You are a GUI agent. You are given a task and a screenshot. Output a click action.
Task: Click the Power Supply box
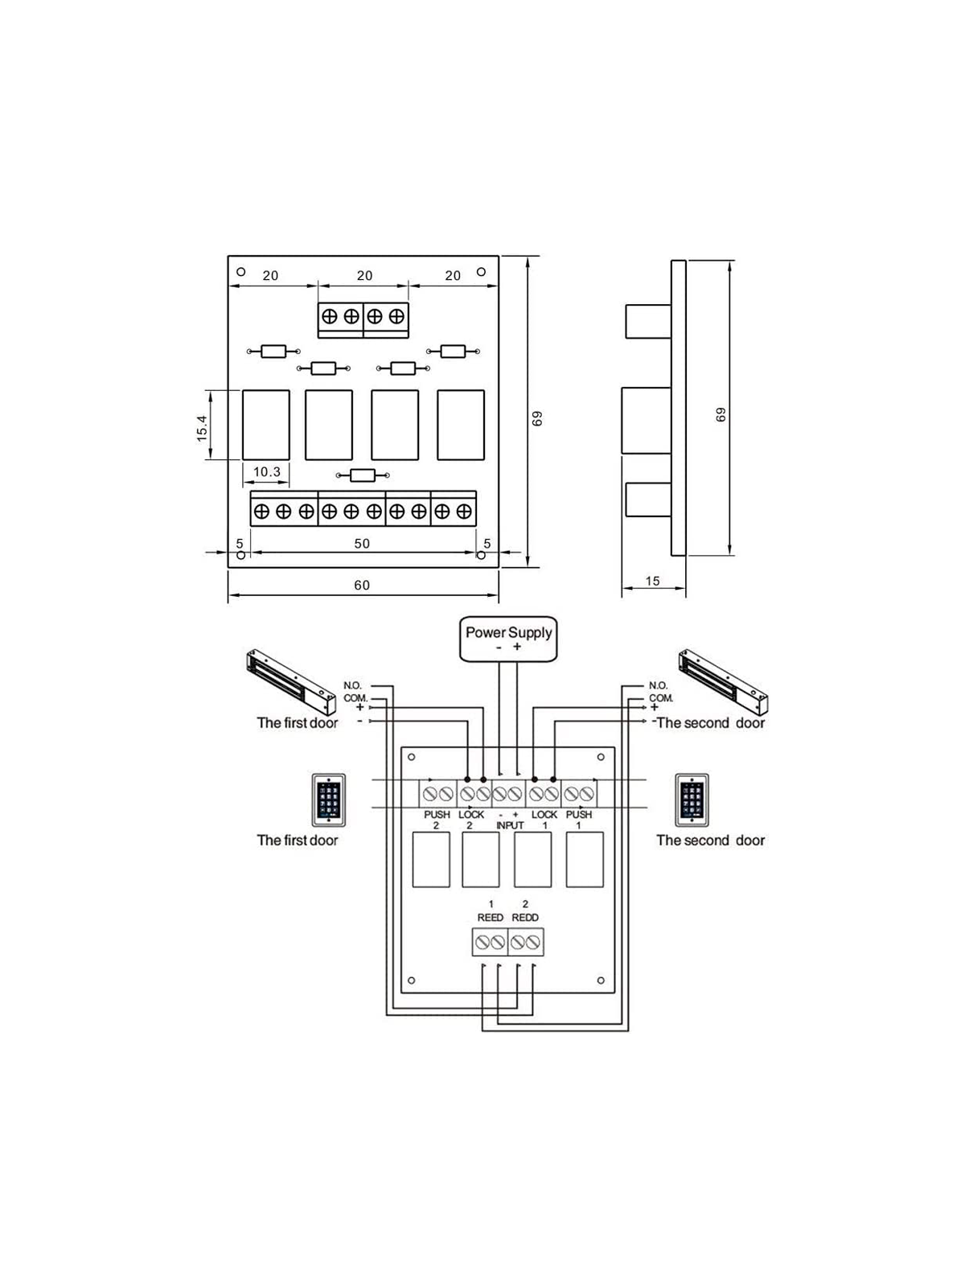coord(508,639)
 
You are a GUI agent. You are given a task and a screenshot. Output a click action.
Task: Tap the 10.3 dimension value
coord(266,471)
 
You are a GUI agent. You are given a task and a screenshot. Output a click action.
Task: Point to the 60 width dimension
coord(362,585)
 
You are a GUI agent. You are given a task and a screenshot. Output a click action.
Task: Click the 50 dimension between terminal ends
coord(362,544)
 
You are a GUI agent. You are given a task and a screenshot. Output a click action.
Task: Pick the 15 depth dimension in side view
coord(652,581)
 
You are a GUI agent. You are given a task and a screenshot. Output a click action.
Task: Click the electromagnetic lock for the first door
coord(290,681)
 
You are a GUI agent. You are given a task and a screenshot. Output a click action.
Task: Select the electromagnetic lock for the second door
coord(723,681)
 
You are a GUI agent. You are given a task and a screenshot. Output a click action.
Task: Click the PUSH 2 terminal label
coord(437,820)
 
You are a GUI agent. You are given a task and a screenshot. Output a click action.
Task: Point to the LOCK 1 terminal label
coord(544,820)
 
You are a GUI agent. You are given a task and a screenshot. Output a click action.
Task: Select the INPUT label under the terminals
coord(510,825)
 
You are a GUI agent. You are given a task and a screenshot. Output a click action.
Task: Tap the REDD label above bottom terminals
coord(525,917)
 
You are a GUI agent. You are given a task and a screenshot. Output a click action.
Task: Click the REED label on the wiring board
coord(491,917)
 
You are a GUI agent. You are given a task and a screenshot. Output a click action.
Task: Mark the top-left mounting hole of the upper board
coord(240,272)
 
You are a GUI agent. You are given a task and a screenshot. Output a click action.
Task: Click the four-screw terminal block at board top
coord(363,316)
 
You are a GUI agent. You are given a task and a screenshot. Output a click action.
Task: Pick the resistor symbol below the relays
coord(363,475)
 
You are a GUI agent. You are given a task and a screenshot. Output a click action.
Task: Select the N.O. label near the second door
coord(658,685)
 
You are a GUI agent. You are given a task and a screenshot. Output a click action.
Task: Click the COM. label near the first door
coord(355,697)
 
